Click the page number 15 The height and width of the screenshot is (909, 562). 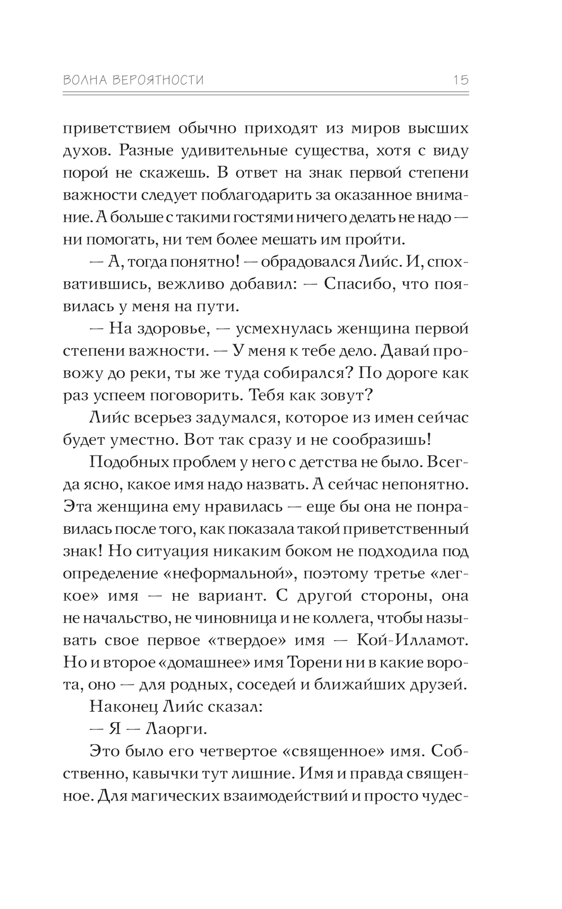point(461,80)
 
